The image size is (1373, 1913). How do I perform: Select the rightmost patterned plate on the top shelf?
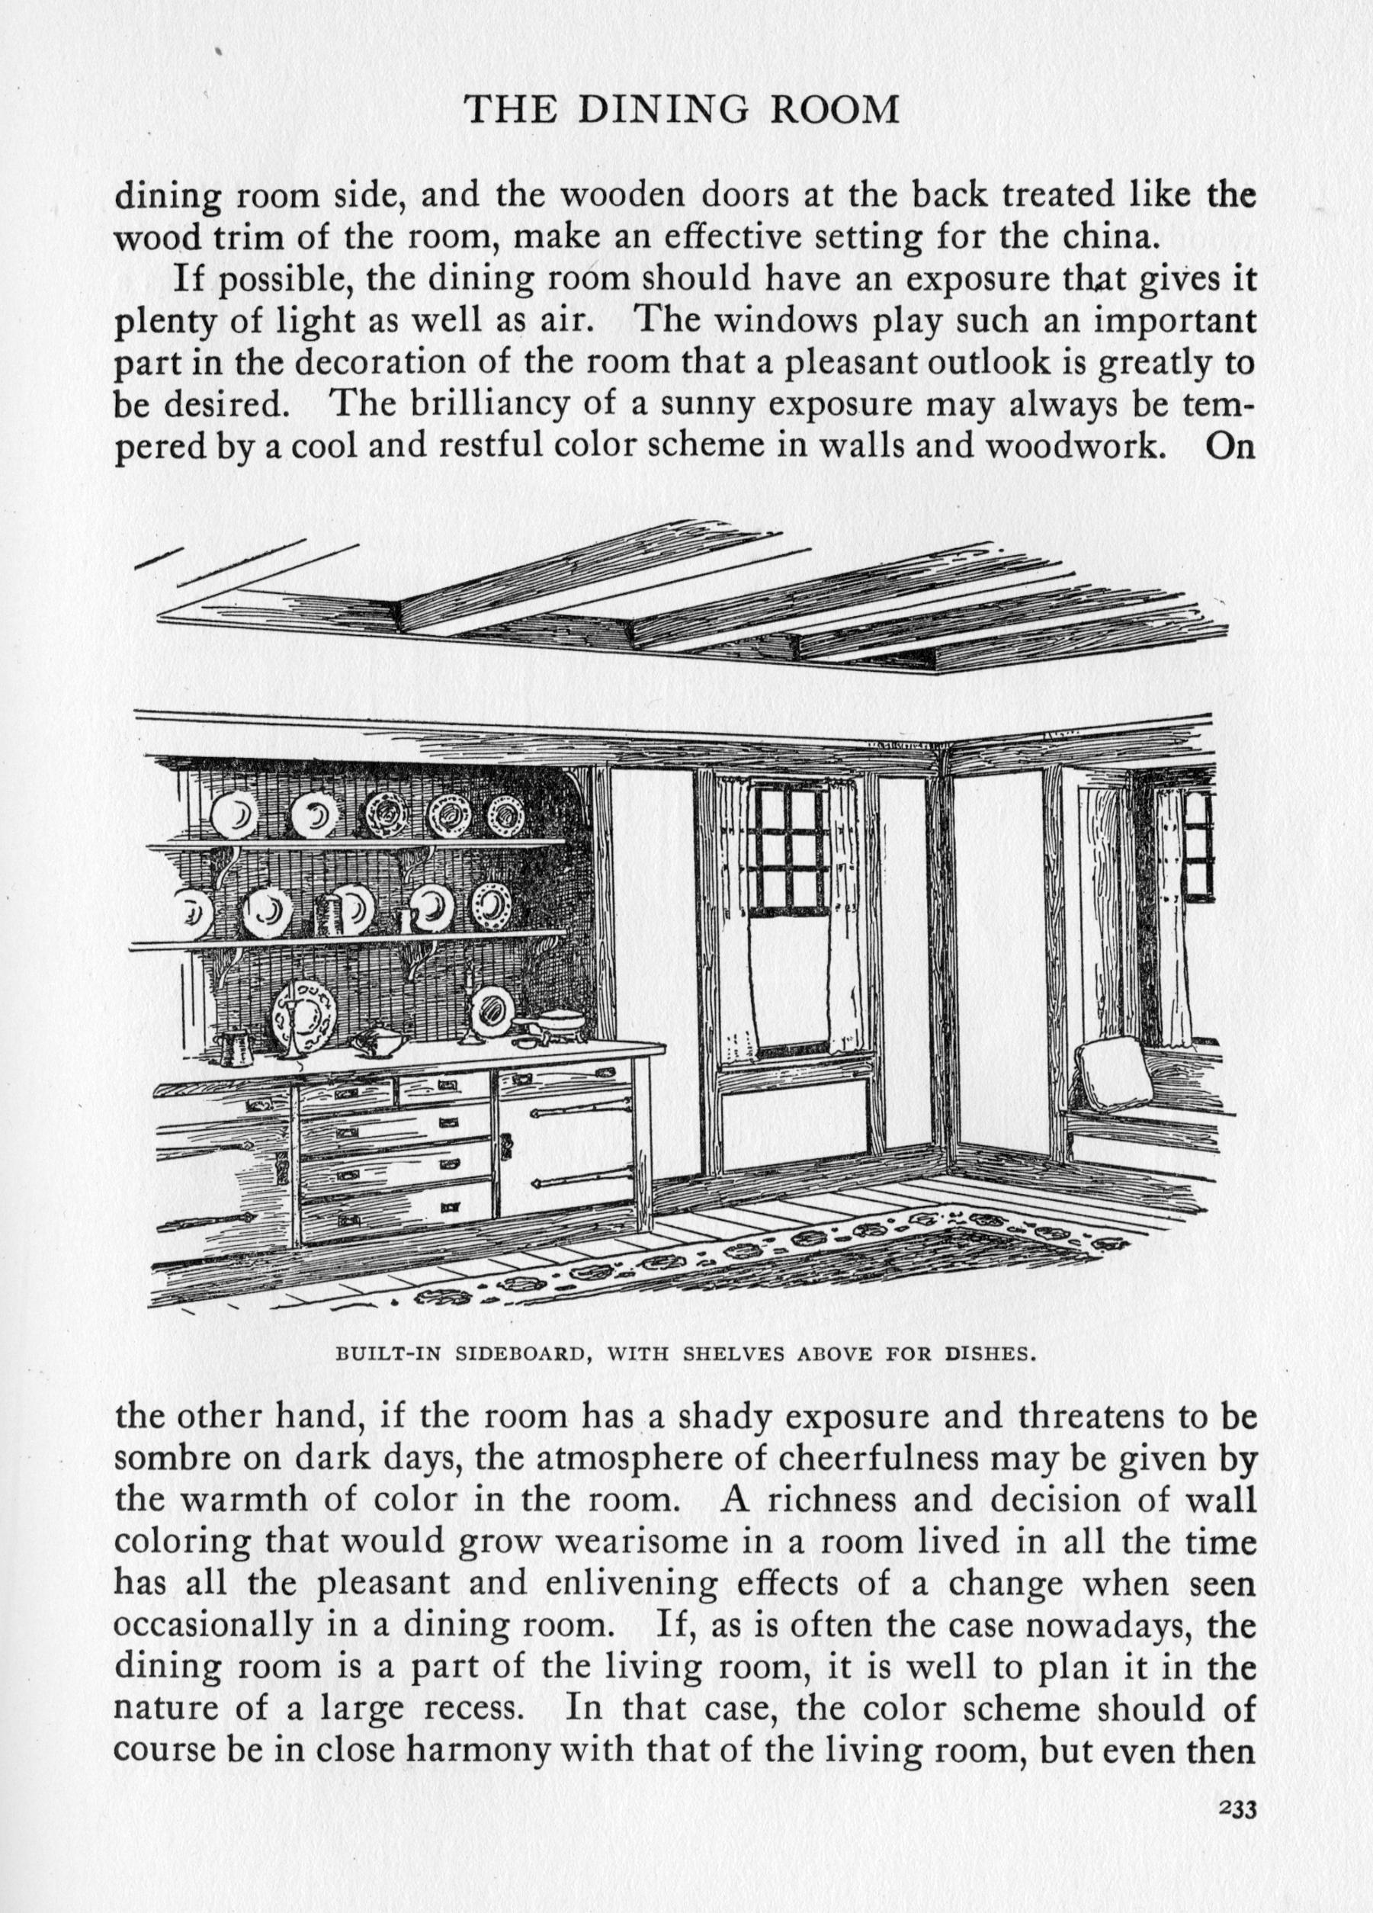coord(505,812)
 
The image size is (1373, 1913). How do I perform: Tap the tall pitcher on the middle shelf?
coord(327,913)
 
